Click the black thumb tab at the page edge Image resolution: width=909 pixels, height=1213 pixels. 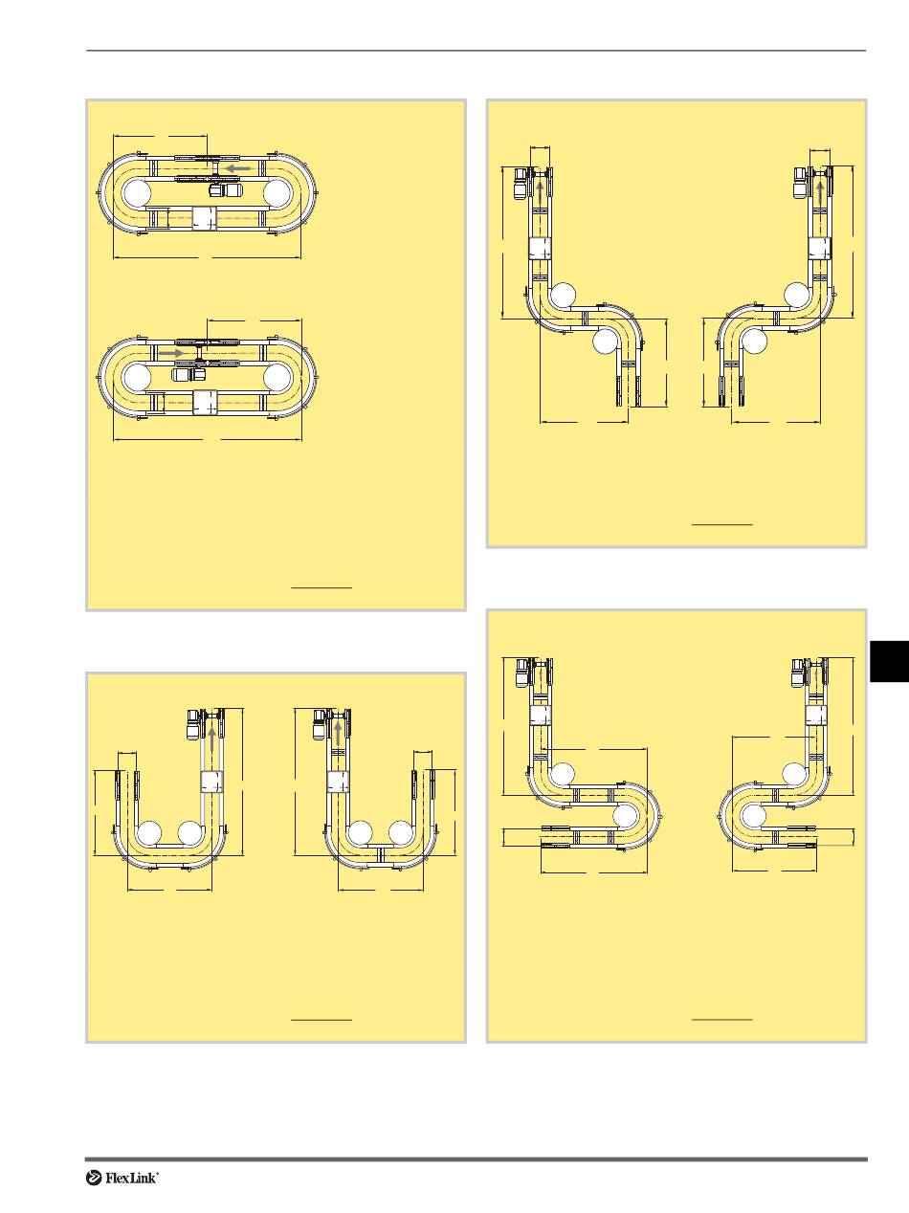890,661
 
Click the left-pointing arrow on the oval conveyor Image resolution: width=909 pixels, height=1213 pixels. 237,167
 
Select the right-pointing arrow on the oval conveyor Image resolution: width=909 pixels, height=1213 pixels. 171,352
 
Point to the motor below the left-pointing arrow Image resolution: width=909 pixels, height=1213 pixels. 226,190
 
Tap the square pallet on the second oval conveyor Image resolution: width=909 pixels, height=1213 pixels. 204,402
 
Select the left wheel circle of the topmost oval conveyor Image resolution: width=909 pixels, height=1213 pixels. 138,193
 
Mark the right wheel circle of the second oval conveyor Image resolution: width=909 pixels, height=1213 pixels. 277,378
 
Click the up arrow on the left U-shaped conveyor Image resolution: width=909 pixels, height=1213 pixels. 212,741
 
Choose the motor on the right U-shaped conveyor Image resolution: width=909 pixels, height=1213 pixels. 320,725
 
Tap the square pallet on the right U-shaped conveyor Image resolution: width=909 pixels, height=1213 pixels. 337,782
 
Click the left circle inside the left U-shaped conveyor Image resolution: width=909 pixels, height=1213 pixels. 148,833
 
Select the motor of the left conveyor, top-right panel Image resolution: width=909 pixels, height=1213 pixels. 521,183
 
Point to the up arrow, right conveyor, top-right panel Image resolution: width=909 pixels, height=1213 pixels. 820,193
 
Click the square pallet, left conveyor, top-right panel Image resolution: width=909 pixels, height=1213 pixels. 541,249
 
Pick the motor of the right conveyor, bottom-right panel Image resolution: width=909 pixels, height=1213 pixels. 799,673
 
